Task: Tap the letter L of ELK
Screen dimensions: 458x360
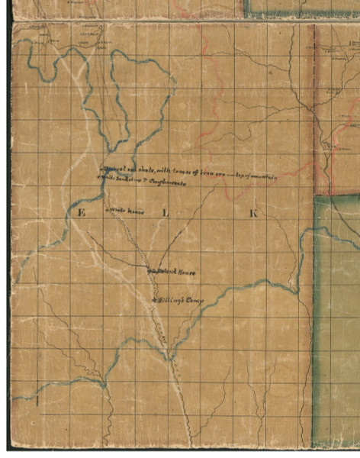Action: pyautogui.click(x=166, y=213)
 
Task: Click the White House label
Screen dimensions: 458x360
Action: pyautogui.click(x=127, y=209)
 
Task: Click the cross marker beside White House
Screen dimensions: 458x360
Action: pyautogui.click(x=109, y=209)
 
